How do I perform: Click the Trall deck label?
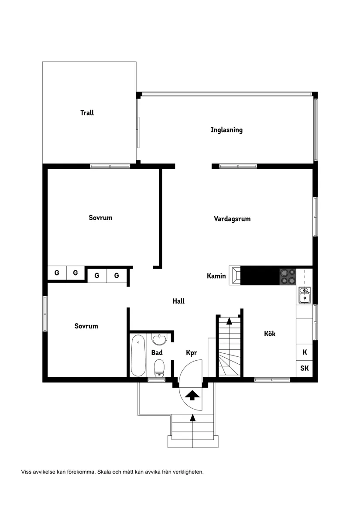click(x=87, y=113)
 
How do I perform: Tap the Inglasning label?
click(x=226, y=130)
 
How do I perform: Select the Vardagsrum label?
click(x=232, y=219)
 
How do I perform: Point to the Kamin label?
click(x=216, y=276)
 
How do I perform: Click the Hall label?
click(x=178, y=301)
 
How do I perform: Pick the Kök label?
click(x=270, y=334)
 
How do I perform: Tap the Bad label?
click(x=157, y=352)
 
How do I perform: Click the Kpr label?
click(x=192, y=352)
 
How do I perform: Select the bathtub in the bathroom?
click(x=138, y=355)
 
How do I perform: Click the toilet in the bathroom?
click(x=159, y=367)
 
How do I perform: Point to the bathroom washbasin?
click(x=159, y=339)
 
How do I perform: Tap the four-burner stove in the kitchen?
click(x=287, y=276)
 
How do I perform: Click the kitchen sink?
click(x=304, y=295)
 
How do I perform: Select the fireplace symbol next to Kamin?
click(x=235, y=275)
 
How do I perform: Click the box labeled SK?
click(x=304, y=368)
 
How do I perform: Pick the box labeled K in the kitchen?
click(x=305, y=352)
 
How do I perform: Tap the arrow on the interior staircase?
click(x=230, y=322)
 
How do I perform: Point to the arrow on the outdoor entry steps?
click(x=192, y=418)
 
